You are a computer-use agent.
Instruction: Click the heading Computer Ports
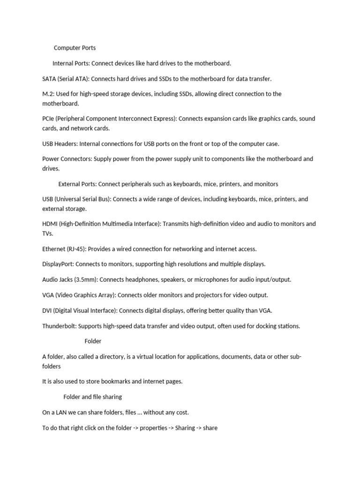pyautogui.click(x=75, y=48)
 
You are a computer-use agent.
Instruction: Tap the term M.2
pyautogui.click(x=47, y=94)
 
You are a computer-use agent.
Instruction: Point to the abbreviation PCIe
pyautogui.click(x=48, y=119)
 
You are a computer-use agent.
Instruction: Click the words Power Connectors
pyautogui.click(x=66, y=159)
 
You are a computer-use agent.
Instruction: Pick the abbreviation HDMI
pyautogui.click(x=50, y=224)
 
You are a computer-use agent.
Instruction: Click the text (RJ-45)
pyautogui.click(x=76, y=249)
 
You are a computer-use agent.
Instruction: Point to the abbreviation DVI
pyautogui.click(x=48, y=310)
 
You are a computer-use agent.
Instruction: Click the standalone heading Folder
pyautogui.click(x=93, y=341)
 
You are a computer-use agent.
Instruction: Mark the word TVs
pyautogui.click(x=47, y=233)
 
